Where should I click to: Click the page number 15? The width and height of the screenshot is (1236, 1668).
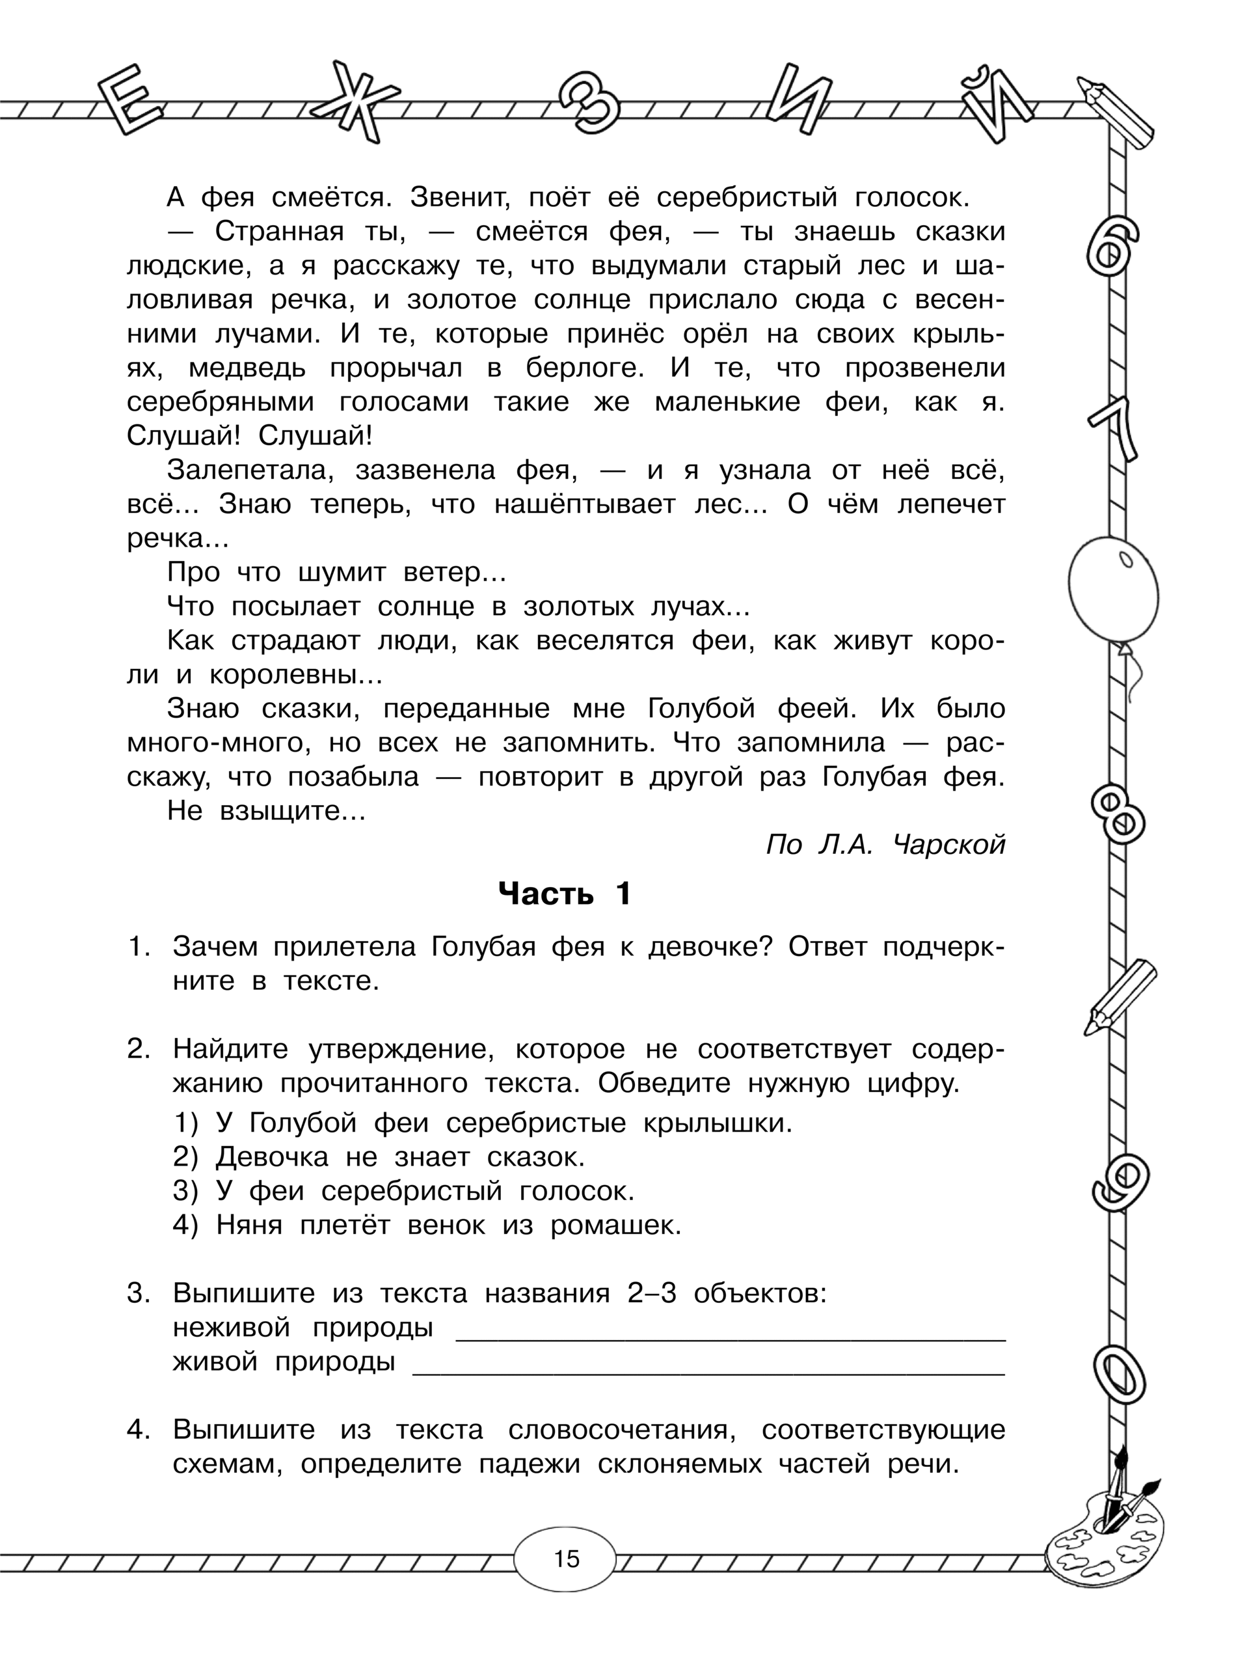(567, 1559)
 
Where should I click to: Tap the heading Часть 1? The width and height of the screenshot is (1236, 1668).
(565, 894)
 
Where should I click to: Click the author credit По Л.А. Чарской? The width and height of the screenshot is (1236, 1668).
(886, 845)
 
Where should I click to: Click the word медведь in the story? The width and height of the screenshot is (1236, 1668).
(248, 368)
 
